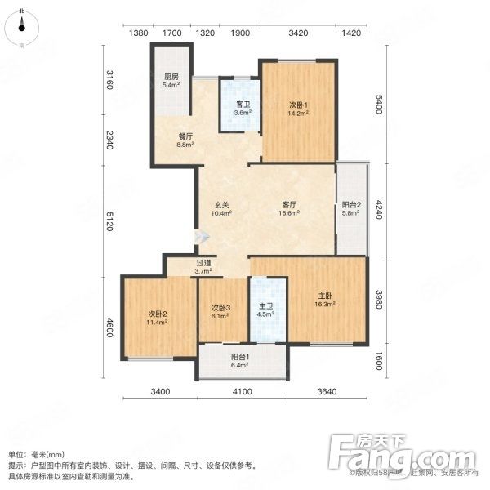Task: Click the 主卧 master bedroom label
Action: (x=324, y=299)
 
